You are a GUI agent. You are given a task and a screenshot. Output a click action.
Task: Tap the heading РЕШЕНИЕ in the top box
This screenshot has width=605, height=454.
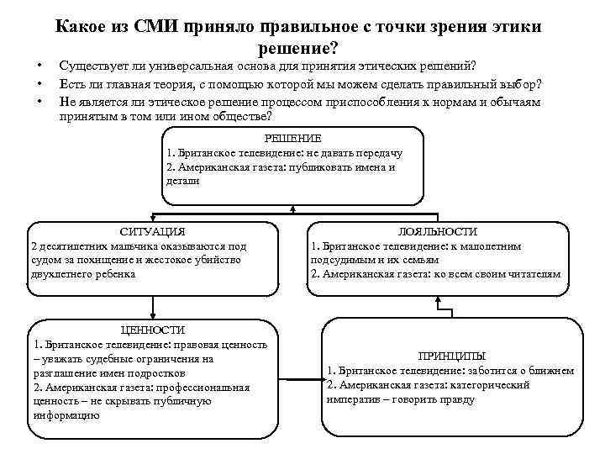292,138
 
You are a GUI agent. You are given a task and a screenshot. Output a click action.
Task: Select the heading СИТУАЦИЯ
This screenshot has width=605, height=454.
152,231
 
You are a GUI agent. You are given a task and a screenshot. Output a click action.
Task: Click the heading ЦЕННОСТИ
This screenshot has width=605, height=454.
152,330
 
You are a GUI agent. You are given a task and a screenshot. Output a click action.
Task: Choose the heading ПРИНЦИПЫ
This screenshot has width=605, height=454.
452,356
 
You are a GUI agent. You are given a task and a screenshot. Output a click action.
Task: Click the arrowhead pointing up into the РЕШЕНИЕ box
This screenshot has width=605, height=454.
292,209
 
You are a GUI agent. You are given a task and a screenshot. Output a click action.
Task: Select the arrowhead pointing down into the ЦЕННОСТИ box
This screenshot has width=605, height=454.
152,314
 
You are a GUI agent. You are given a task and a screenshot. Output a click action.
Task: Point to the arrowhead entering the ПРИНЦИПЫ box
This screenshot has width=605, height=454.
325,382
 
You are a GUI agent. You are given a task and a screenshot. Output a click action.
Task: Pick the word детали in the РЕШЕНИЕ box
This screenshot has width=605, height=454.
183,180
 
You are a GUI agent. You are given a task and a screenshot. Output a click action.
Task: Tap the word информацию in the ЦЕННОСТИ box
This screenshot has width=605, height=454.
66,414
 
